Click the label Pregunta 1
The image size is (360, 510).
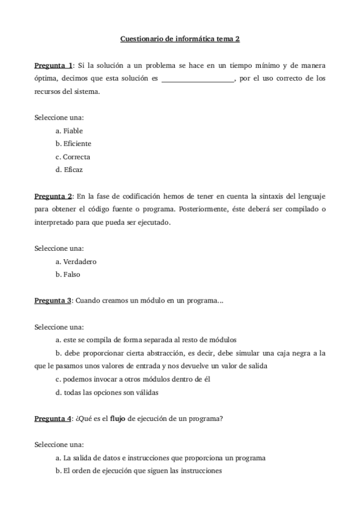pos(53,65)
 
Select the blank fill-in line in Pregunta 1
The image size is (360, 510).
pos(198,79)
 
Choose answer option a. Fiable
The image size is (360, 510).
pos(69,131)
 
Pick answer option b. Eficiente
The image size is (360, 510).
pos(73,144)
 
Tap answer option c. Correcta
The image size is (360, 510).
pos(73,157)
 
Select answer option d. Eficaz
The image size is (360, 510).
pos(69,170)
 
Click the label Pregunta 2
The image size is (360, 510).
pos(53,196)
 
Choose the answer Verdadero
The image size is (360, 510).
pos(76,262)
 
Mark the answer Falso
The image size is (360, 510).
pos(68,275)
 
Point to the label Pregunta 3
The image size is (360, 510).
pos(53,301)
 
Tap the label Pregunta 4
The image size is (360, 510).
pos(53,419)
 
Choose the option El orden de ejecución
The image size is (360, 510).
pos(139,471)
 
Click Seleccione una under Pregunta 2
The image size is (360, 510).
pos(59,248)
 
